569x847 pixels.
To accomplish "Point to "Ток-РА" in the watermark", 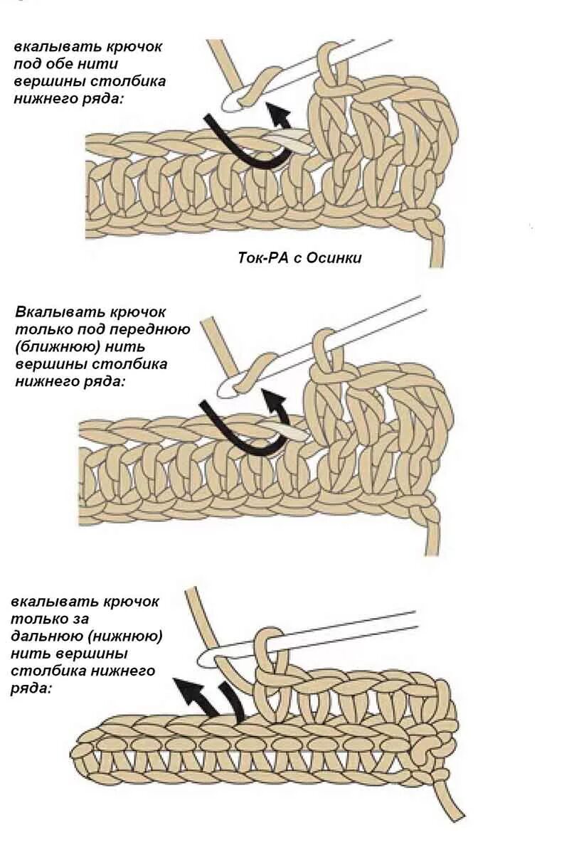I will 261,258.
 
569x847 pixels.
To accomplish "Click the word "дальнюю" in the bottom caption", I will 43,636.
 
